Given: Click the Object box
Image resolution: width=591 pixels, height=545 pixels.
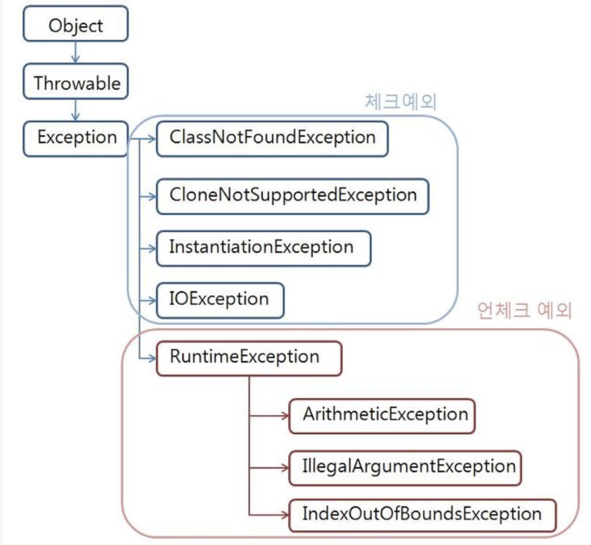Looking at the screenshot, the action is pyautogui.click(x=76, y=24).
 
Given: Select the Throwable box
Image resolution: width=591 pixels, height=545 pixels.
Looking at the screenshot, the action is pyautogui.click(x=76, y=82).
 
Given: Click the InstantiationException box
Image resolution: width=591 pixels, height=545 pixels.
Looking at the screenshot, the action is pyautogui.click(x=263, y=248).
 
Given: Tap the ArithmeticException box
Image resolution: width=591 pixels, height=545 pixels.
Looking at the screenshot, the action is pyautogui.click(x=382, y=415).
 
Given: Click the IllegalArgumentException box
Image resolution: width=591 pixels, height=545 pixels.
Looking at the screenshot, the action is pyautogui.click(x=405, y=467).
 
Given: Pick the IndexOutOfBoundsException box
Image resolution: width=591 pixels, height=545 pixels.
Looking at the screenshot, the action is pyautogui.click(x=421, y=515).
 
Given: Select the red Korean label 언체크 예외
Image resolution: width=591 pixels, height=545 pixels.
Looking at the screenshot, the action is pyautogui.click(x=524, y=311).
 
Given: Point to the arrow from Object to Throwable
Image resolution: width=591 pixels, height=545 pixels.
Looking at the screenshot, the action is pyautogui.click(x=76, y=53).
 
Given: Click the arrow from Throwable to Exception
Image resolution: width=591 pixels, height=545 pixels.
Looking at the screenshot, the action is pyautogui.click(x=76, y=110).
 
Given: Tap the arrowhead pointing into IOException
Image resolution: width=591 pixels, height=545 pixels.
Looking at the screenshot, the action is pyautogui.click(x=152, y=300).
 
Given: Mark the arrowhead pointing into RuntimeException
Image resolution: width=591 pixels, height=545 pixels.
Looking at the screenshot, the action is pyautogui.click(x=152, y=358).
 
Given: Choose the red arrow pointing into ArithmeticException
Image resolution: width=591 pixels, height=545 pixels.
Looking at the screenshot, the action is pyautogui.click(x=270, y=415).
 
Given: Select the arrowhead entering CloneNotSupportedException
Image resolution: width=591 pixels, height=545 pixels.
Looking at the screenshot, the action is pyautogui.click(x=152, y=196).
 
